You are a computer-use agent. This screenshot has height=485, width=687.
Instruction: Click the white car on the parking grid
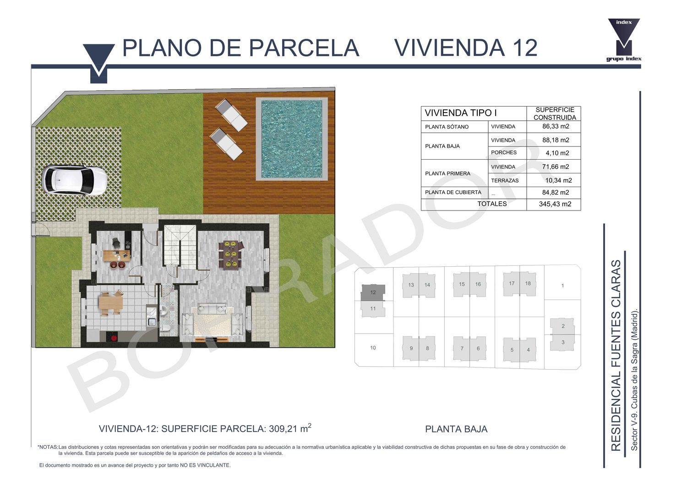pos(74,180)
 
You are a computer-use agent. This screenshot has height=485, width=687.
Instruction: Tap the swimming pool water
pos(291,139)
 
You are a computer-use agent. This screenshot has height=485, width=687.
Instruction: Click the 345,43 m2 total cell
pos(555,204)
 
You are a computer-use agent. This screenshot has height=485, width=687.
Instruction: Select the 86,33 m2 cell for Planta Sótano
pos(556,126)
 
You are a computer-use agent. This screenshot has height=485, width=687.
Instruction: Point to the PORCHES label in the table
pos(504,152)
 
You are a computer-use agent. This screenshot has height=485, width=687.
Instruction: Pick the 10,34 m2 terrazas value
pos(558,180)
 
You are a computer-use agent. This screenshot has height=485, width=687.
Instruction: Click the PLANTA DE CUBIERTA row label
pos(453,193)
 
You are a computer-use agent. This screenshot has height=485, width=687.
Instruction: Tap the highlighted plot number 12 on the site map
pos(373,292)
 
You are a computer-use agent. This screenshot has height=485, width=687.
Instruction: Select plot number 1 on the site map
pos(562,286)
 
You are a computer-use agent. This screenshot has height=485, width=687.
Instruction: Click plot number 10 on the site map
pos(373,348)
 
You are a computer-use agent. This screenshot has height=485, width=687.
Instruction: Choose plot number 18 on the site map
pos(528,283)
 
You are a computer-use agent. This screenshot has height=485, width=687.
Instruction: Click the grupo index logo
pos(624,40)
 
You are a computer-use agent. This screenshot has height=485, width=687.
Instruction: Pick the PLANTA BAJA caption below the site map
pos(456,429)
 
